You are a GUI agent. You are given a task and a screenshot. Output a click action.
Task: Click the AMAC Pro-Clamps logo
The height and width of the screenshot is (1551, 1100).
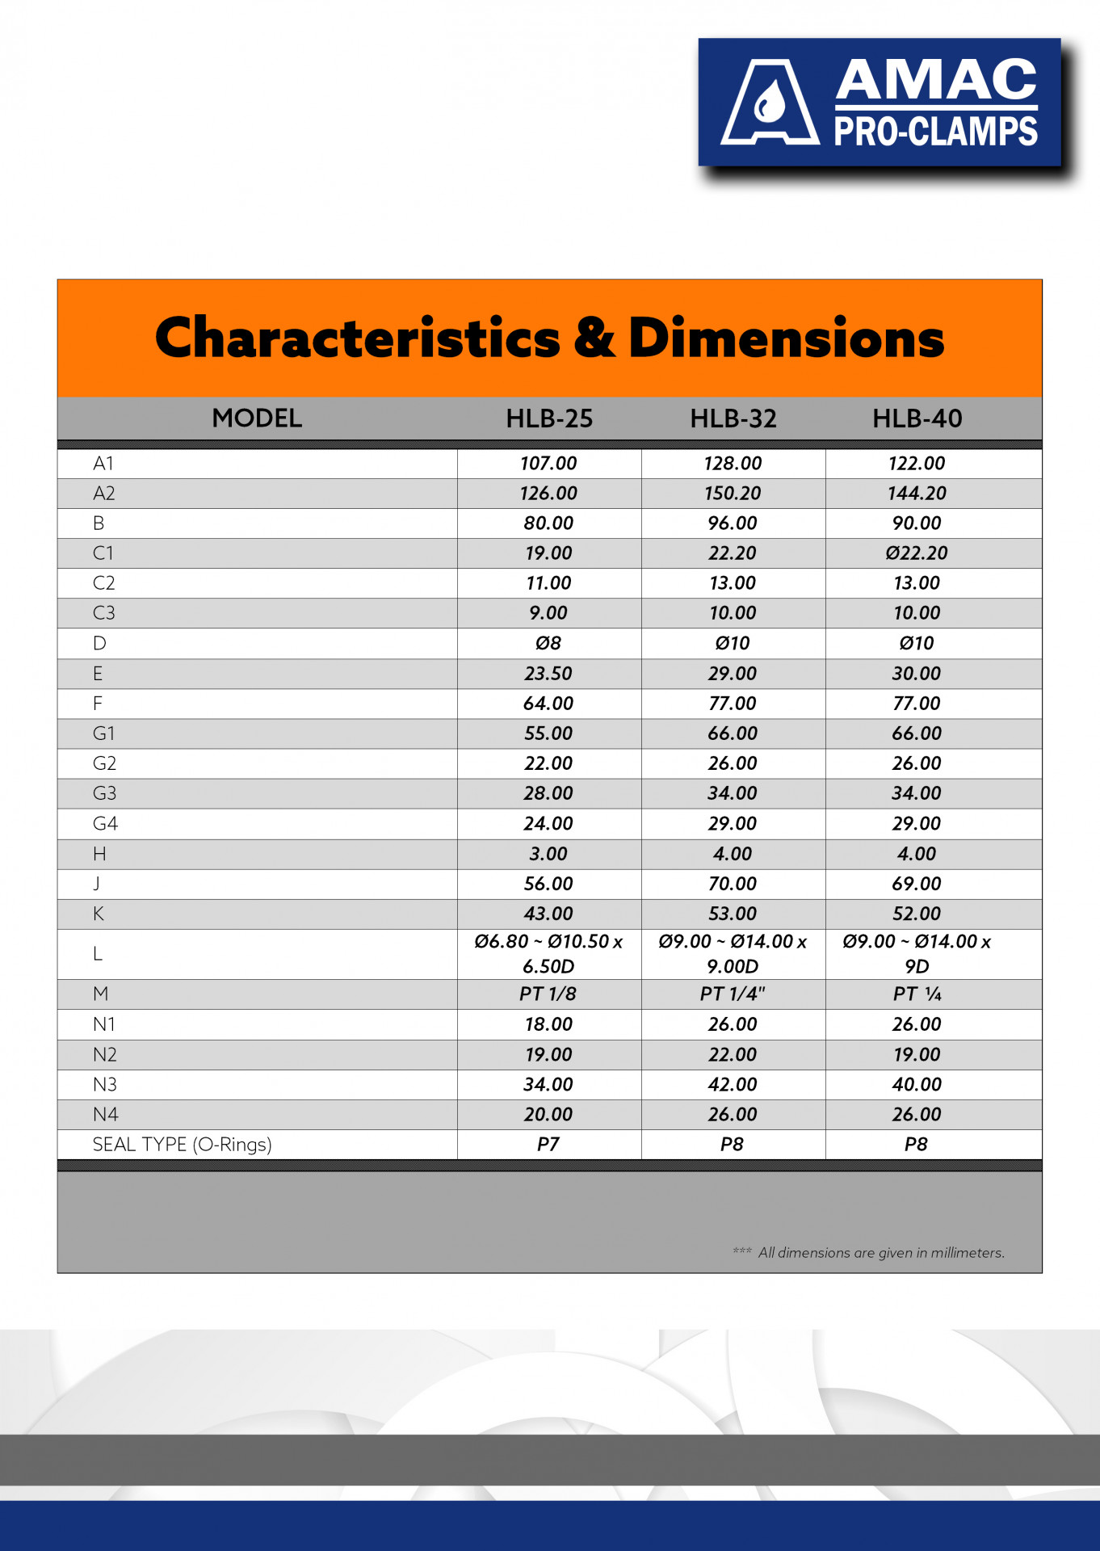click(880, 103)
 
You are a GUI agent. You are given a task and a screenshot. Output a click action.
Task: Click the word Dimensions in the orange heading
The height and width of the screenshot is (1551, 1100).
click(786, 338)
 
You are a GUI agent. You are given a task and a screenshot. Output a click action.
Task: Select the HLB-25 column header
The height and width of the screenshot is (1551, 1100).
click(549, 418)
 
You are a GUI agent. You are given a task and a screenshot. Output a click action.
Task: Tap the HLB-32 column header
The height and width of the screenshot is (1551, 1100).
click(733, 418)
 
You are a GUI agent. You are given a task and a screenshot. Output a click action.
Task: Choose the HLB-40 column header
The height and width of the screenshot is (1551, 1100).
click(917, 418)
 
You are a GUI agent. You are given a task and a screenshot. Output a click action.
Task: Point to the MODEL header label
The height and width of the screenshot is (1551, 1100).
click(257, 418)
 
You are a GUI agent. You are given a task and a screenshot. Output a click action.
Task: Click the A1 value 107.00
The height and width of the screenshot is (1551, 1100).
click(548, 464)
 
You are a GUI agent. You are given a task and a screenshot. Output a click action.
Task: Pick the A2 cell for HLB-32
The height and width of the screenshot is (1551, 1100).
click(733, 494)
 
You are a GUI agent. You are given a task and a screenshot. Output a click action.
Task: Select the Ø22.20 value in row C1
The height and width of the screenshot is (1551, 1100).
click(917, 553)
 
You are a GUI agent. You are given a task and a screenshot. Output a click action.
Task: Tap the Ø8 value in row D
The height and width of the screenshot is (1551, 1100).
click(548, 644)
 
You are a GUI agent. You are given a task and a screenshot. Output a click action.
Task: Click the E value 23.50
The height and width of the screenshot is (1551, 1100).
click(548, 674)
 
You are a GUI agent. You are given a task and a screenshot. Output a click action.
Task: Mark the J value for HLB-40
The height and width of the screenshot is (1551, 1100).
click(917, 884)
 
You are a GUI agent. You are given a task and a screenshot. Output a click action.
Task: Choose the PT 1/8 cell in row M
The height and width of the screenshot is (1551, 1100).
click(548, 994)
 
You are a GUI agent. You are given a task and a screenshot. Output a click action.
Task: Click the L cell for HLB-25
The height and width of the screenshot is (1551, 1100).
click(548, 954)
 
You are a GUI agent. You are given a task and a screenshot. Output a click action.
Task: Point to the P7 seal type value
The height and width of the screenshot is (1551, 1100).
click(548, 1145)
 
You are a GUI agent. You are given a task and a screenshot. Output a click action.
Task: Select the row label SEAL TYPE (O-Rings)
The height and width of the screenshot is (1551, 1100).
click(183, 1145)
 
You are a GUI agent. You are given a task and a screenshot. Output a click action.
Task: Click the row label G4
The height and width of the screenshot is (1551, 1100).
click(105, 824)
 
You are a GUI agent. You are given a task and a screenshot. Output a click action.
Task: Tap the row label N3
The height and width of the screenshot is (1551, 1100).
click(105, 1085)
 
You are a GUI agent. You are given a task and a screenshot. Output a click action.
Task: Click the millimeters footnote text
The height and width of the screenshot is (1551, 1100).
click(880, 1253)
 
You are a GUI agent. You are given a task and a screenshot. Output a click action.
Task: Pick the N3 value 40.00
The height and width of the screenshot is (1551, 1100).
click(917, 1085)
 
